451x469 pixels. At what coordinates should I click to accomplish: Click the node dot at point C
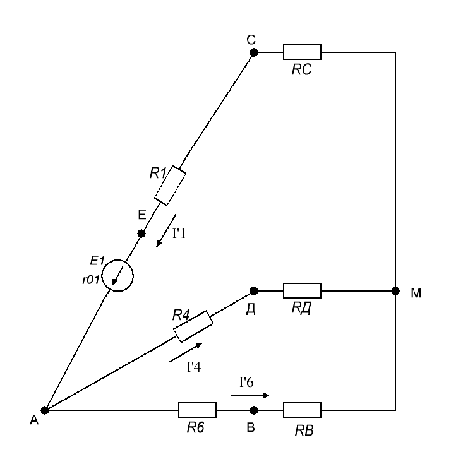coord(253,52)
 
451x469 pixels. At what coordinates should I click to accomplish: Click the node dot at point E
coord(141,234)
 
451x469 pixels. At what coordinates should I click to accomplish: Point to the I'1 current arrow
coord(166,230)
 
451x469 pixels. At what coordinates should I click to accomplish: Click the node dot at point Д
coord(253,290)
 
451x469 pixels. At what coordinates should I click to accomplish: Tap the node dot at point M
coord(395,290)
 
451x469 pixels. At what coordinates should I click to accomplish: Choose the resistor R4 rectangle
coord(193,326)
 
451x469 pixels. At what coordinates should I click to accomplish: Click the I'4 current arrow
coord(186,352)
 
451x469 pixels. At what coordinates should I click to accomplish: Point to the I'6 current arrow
coord(250,395)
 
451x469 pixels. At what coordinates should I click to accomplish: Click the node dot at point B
coord(253,410)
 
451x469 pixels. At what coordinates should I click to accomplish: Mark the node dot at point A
coord(45,410)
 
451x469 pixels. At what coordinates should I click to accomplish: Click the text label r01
coord(91,280)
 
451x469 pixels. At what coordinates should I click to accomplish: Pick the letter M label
coord(416,293)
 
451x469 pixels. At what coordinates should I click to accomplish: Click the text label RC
coord(301,69)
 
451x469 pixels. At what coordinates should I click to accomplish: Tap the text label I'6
coord(246,382)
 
